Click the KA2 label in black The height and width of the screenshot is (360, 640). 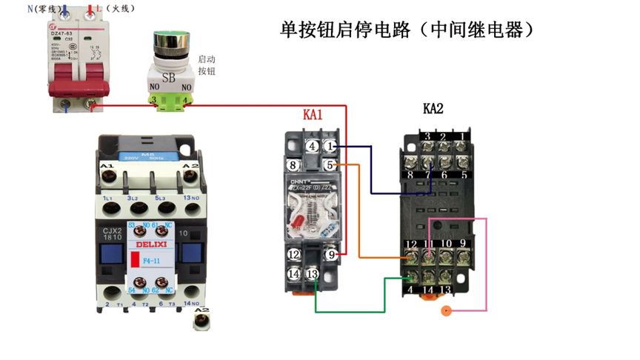pos(433,109)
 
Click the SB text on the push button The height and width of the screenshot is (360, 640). pos(170,76)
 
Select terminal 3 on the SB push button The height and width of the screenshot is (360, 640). pos(153,99)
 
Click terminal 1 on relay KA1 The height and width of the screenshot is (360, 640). pos(330,147)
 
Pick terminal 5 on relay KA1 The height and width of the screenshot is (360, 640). pos(330,165)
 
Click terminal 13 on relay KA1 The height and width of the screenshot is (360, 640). pos(313,274)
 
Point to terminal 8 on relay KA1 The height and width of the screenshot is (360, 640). pos(293,165)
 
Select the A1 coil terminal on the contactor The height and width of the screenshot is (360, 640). pos(107,174)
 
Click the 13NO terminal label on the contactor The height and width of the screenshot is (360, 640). pos(190,198)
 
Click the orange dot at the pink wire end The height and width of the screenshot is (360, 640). pos(445,311)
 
